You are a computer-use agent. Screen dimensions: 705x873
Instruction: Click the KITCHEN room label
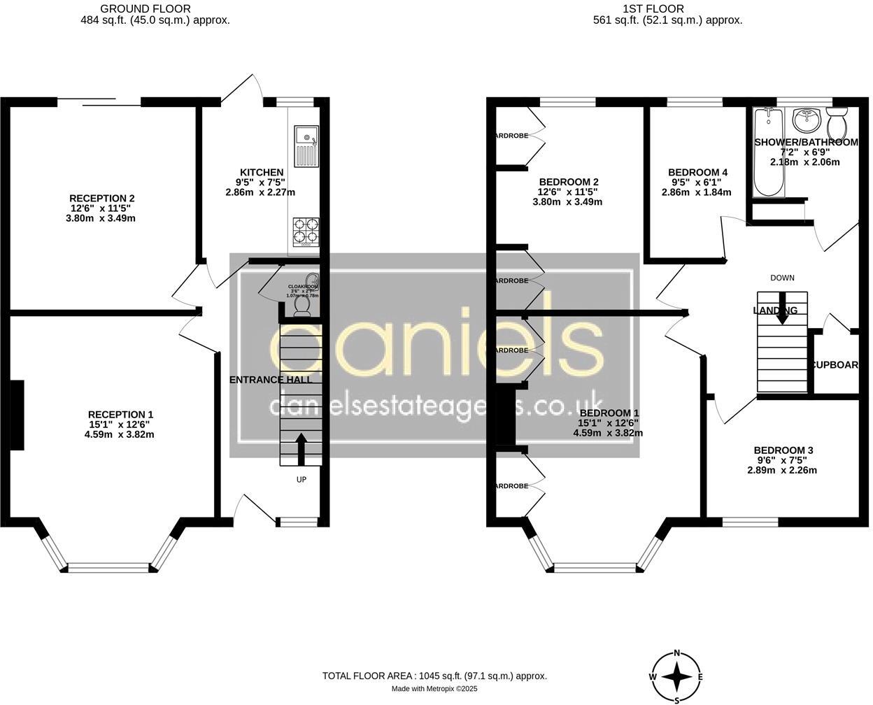pos(262,173)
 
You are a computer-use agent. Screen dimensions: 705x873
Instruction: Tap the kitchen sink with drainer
pos(306,146)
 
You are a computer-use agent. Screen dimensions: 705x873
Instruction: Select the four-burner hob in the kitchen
pos(306,230)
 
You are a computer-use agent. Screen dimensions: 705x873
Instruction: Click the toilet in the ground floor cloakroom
pos(303,306)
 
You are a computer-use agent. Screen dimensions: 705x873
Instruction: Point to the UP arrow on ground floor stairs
pos(301,448)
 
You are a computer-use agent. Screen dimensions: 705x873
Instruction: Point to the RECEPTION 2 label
pos(102,199)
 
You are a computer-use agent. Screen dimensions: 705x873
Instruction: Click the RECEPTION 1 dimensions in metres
pos(119,434)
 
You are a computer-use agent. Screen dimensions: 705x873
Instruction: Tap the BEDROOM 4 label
pos(697,173)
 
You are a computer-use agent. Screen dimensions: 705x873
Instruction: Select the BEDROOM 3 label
pos(783,450)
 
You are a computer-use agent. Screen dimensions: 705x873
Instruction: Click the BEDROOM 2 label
pos(568,182)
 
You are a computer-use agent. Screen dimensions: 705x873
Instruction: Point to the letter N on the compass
pos(676,653)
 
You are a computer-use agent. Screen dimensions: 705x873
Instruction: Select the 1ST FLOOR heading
pos(653,8)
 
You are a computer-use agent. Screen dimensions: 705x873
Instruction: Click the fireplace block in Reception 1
pos(17,415)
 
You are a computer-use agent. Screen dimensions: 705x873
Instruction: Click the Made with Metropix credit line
pos(434,689)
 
